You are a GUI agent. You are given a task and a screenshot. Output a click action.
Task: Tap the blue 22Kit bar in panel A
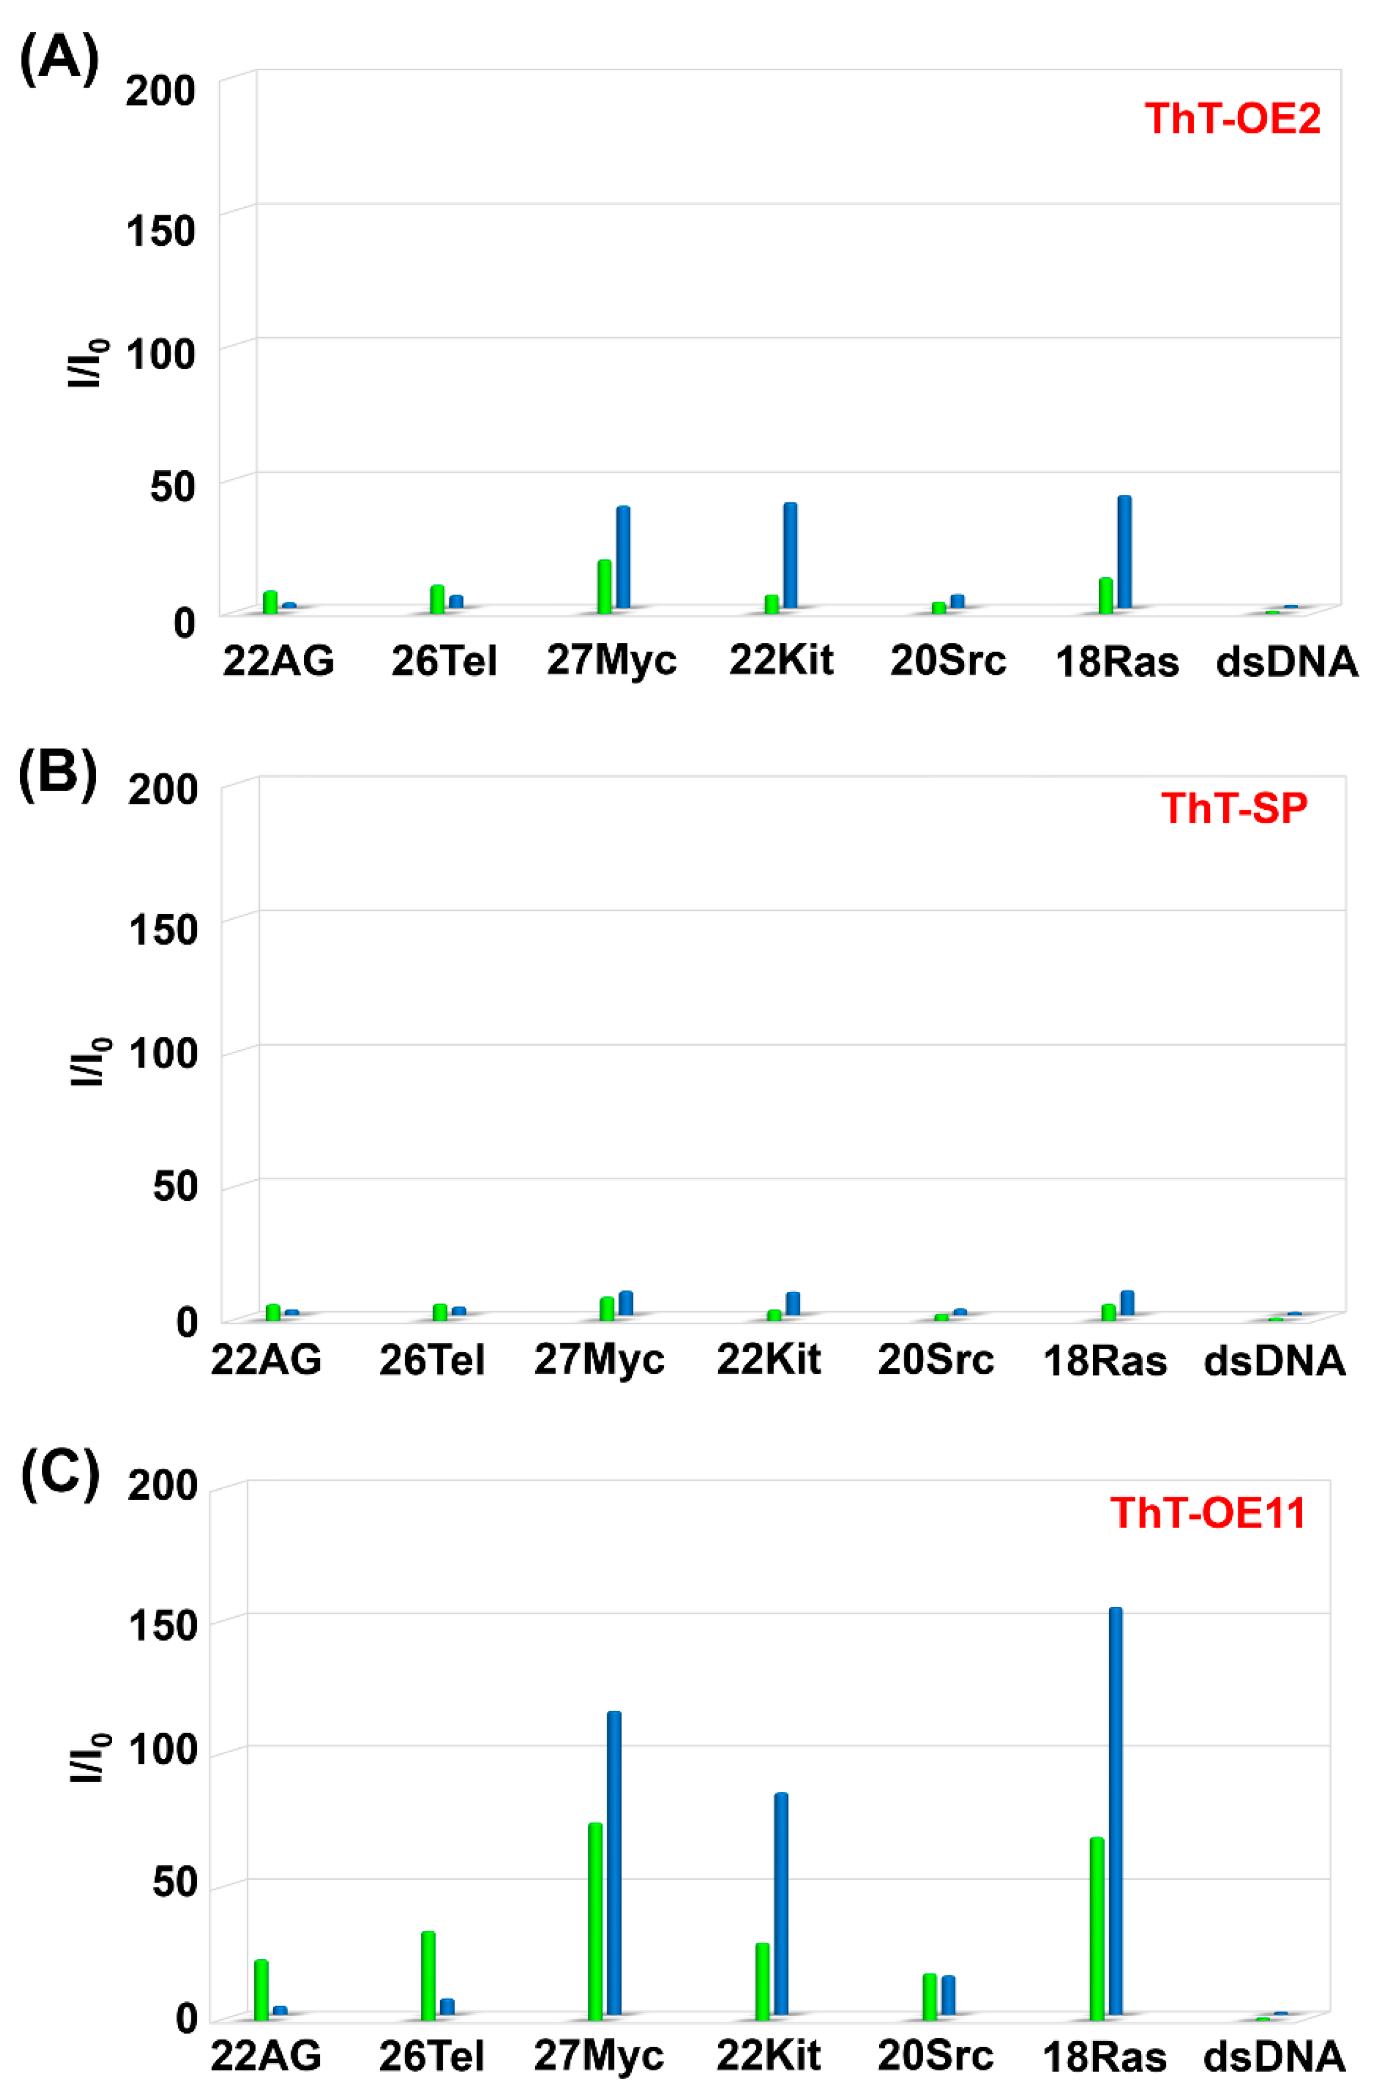(790, 556)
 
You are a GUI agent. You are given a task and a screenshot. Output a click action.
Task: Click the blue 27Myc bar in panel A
(623, 558)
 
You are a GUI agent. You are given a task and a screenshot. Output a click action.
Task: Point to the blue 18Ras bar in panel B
(1127, 1303)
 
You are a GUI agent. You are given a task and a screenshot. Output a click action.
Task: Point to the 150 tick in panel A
(160, 231)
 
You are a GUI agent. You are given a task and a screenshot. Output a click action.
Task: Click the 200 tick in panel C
(162, 1485)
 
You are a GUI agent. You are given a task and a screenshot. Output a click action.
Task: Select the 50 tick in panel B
(175, 1187)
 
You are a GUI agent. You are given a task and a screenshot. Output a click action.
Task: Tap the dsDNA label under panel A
(1287, 662)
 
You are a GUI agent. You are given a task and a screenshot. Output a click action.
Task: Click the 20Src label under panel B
(936, 1360)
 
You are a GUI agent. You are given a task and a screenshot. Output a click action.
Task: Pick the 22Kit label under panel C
(768, 2056)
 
